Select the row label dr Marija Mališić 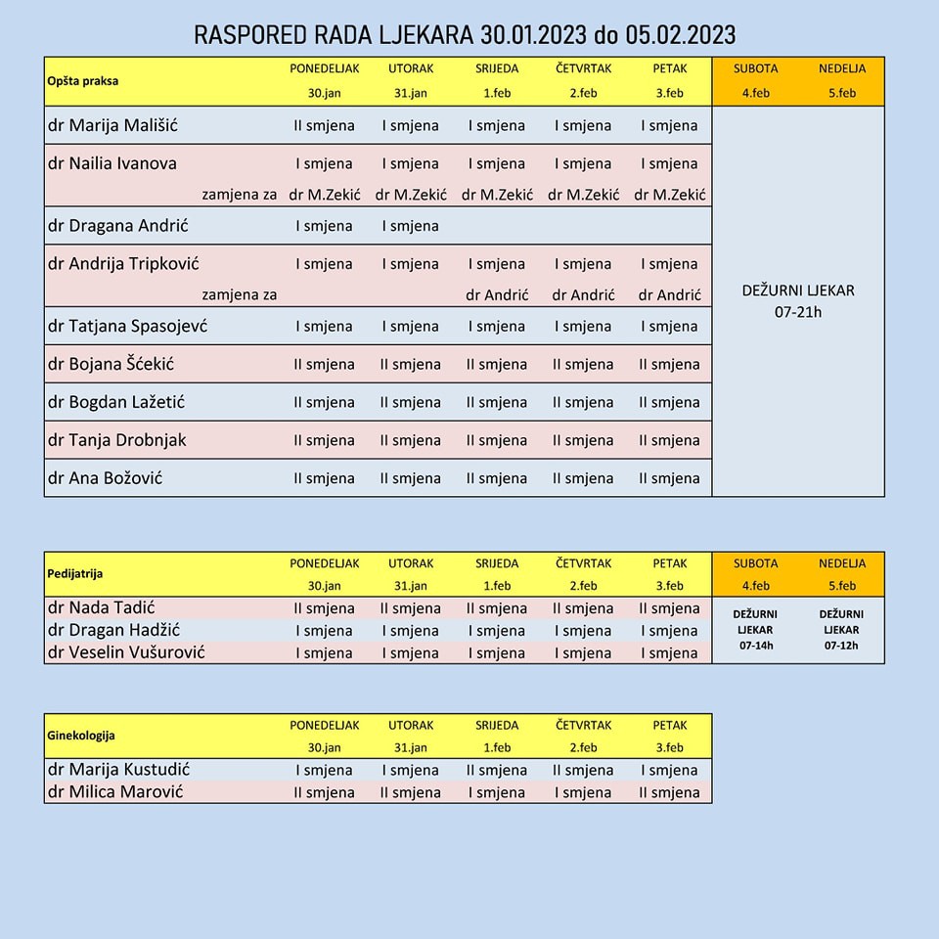tap(113, 125)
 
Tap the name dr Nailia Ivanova tap(112, 163)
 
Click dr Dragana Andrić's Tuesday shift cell tap(410, 226)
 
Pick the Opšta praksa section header tap(83, 81)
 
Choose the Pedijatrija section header tap(75, 574)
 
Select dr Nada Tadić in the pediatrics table tap(101, 608)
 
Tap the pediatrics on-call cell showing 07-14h tap(756, 630)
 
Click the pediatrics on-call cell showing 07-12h tap(841, 630)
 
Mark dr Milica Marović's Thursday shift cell tap(583, 792)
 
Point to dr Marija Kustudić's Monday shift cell tap(324, 771)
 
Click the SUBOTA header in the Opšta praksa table tap(756, 69)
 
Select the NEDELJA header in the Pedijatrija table tap(841, 563)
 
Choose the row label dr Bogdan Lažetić tap(116, 402)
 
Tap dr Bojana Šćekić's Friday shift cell tap(669, 364)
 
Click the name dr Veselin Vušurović tap(126, 652)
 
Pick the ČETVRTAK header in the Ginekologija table tap(583, 726)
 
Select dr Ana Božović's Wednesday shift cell tap(496, 478)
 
